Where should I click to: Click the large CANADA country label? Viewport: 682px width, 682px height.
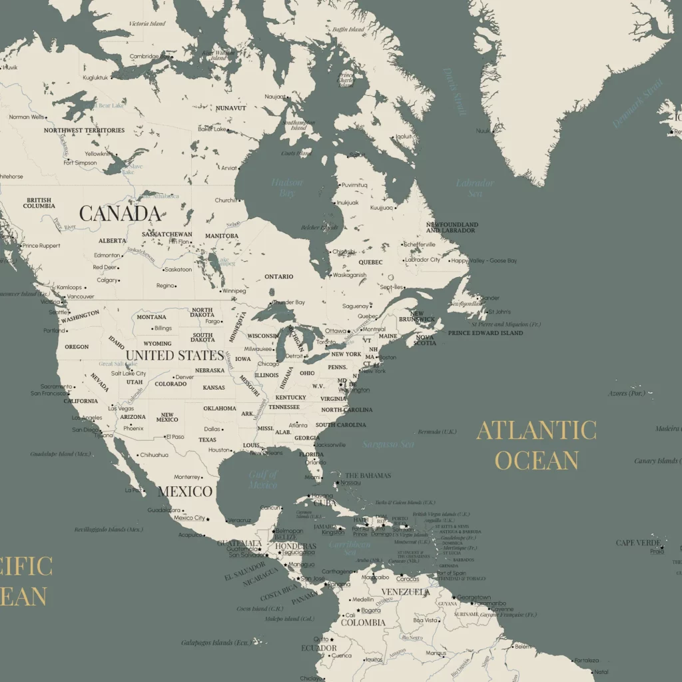tap(120, 213)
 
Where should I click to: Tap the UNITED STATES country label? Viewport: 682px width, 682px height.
tap(174, 355)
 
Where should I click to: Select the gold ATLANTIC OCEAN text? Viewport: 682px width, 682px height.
tap(536, 445)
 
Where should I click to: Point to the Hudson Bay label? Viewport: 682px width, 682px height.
tap(287, 187)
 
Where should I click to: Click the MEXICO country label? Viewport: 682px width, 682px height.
tap(185, 492)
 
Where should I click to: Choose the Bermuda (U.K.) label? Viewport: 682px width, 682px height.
tap(438, 432)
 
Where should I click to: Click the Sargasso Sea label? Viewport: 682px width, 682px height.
tap(388, 444)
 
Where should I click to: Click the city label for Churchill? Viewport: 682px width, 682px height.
tap(225, 200)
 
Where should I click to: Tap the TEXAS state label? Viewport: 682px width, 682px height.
tap(207, 440)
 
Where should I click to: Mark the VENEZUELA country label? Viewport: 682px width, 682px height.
tap(405, 591)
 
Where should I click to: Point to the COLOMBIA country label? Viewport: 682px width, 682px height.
tap(363, 623)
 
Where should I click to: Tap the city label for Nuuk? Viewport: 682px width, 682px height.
tap(483, 131)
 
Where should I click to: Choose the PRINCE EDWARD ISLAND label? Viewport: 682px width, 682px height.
tap(486, 333)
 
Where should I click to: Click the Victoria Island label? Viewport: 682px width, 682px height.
tap(147, 24)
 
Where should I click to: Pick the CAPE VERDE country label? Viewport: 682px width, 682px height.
tap(637, 543)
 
